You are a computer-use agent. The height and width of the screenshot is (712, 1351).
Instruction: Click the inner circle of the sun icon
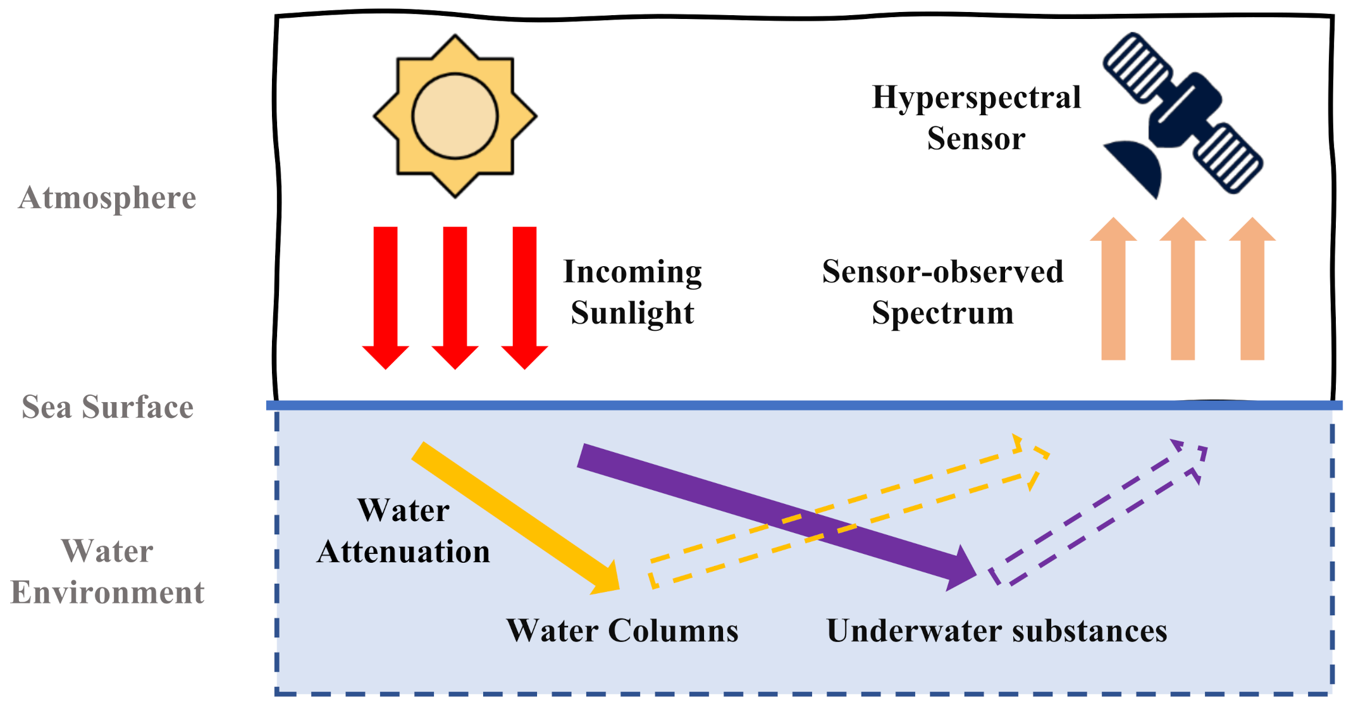click(455, 116)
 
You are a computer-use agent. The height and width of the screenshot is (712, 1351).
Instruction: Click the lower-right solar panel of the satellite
click(1230, 158)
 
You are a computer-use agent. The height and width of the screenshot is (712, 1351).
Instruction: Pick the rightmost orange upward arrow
click(1252, 291)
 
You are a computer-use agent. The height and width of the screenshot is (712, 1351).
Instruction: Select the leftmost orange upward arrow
click(1113, 291)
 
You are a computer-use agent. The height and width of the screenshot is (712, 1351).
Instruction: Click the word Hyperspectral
click(976, 98)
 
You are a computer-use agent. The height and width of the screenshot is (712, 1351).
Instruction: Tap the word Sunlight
click(632, 313)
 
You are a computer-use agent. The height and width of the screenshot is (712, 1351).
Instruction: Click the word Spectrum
click(942, 313)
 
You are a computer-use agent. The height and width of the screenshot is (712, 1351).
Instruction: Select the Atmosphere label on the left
click(108, 198)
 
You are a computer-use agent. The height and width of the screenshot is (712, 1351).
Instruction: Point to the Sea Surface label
click(108, 407)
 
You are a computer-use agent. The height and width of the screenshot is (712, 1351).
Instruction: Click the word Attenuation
click(404, 551)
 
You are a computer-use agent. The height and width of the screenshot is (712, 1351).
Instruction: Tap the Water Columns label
click(622, 630)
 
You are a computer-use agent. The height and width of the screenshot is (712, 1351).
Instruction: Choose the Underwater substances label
click(997, 630)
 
